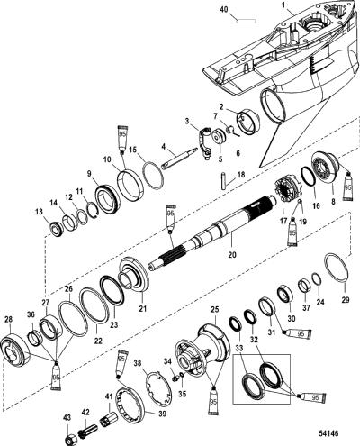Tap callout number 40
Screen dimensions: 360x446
[x=224, y=9]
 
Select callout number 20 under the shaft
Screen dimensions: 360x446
[x=232, y=255]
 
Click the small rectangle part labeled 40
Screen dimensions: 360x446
[x=246, y=21]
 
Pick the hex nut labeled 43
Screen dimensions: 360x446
[x=69, y=440]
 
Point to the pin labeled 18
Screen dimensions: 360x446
[x=224, y=180]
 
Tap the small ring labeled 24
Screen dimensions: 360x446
[x=317, y=279]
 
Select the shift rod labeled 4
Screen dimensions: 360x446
[x=179, y=158]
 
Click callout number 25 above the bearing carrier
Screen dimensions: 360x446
[x=215, y=309]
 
